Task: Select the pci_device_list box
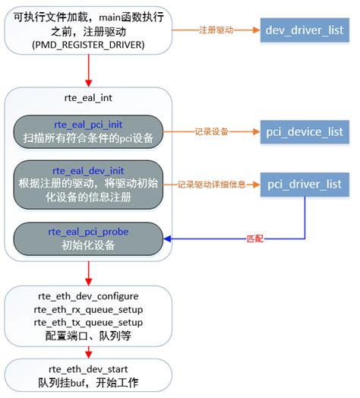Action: coord(305,132)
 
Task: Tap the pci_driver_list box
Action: coord(305,184)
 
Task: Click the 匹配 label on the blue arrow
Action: coord(256,238)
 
